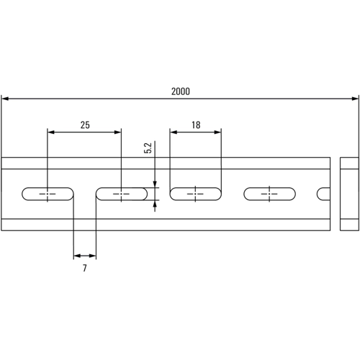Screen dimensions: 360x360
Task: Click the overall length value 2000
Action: [x=181, y=91]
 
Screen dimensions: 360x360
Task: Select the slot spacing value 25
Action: [x=85, y=125]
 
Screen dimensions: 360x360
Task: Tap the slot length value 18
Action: [x=196, y=125]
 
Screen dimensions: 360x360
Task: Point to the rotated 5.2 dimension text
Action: [x=148, y=148]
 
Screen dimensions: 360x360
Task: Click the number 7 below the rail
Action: [x=85, y=268]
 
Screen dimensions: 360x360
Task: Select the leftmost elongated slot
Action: [x=48, y=194]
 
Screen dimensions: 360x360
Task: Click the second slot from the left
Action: [x=122, y=194]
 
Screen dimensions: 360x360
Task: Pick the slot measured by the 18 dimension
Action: [x=196, y=194]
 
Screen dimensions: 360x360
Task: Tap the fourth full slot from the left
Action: [x=271, y=194]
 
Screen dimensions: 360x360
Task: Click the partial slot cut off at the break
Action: [x=325, y=194]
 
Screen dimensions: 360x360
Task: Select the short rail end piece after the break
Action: [x=349, y=194]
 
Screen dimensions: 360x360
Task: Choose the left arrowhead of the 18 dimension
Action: [x=173, y=132]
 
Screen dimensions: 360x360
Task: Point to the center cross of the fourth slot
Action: [x=271, y=194]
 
